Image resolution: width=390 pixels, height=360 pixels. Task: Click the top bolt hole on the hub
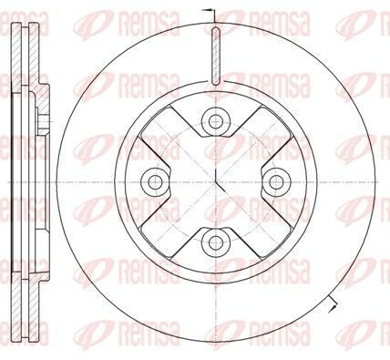(x=215, y=121)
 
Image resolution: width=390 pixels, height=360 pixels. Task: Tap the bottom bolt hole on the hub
(x=215, y=242)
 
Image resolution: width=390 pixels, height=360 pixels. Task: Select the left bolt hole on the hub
(x=155, y=182)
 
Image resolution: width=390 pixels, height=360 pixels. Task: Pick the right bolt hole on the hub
(x=275, y=182)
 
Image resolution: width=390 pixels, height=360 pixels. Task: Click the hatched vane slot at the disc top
(x=215, y=56)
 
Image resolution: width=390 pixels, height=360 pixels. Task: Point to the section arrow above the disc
(x=210, y=11)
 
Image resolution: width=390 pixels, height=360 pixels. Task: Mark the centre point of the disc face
(x=215, y=182)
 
